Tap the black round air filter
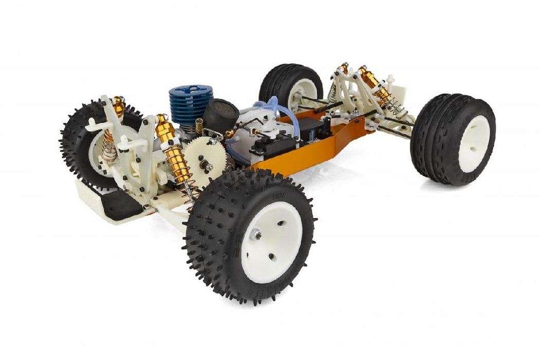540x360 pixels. tap(221, 114)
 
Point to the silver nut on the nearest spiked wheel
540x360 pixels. tap(256, 235)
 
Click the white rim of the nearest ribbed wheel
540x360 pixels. tap(474, 144)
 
